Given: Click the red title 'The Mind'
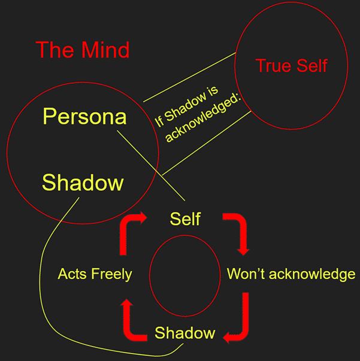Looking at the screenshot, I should [x=83, y=50].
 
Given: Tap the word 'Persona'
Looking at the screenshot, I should [x=84, y=116].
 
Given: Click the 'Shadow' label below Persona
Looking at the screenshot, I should [x=83, y=182].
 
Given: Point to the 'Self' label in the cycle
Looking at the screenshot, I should [x=185, y=219].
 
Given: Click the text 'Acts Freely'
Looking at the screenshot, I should [x=95, y=274].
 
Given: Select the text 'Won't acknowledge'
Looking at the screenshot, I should [x=291, y=274].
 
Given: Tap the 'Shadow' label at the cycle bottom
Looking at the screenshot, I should [x=184, y=333].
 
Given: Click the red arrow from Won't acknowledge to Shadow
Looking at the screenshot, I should [x=238, y=323].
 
